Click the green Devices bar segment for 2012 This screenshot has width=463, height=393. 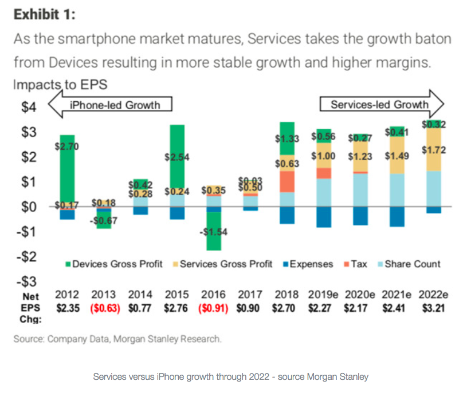point(67,172)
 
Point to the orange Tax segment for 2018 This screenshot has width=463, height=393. point(287,181)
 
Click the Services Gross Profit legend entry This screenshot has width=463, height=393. point(222,264)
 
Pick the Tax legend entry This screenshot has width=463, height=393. point(355,264)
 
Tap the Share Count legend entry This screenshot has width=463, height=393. point(407,264)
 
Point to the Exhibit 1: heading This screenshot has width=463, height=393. point(44,15)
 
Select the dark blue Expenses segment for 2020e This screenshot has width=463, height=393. point(359,216)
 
